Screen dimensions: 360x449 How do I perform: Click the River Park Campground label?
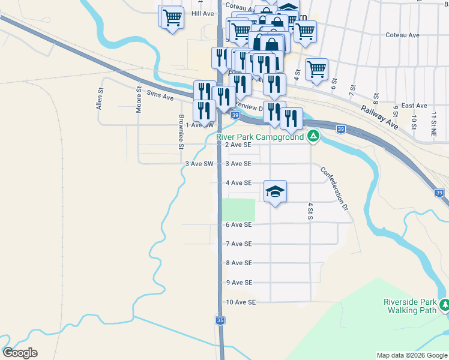tap(260, 137)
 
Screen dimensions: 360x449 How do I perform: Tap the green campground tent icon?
tap(313, 137)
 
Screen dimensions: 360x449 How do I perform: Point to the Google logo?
tap(20, 353)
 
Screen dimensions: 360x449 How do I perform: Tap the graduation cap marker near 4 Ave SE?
tap(275, 192)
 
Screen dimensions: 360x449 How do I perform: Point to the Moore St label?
tap(139, 100)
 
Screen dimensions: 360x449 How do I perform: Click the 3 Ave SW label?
tap(199, 163)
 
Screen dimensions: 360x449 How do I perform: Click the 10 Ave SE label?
tap(241, 302)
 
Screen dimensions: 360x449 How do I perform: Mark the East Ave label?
tap(414, 106)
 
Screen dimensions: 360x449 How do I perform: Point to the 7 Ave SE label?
tap(238, 244)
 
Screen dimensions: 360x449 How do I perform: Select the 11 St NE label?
tap(433, 118)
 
